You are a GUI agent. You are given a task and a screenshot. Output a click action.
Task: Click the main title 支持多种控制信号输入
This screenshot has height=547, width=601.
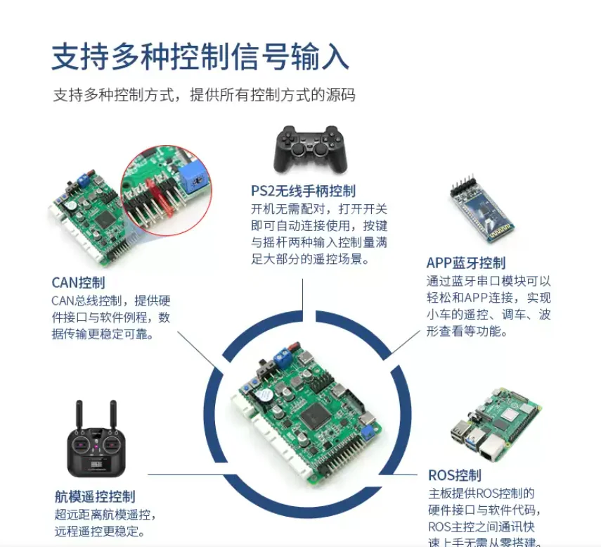[200, 56]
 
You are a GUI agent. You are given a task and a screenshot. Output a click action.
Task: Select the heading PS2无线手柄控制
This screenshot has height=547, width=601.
[303, 191]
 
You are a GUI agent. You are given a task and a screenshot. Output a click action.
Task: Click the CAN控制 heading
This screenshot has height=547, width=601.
[78, 282]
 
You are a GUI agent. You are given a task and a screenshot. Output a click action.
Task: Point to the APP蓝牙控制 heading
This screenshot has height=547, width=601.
[465, 263]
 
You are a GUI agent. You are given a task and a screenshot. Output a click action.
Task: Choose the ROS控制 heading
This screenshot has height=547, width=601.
[455, 474]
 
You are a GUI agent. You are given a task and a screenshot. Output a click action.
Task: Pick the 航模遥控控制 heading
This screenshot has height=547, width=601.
[95, 496]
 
